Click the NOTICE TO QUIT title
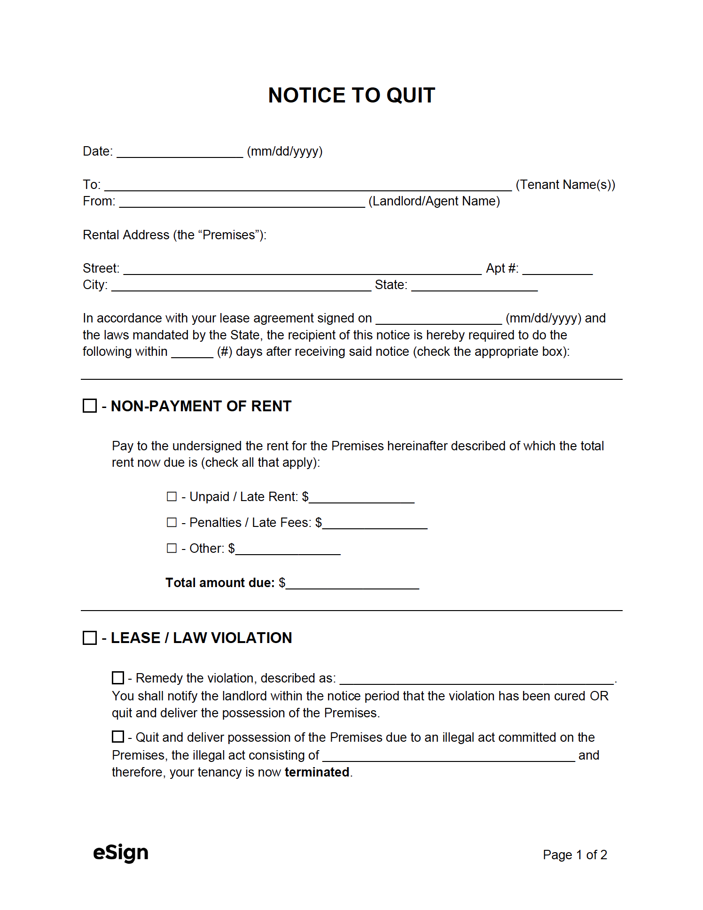point(351,95)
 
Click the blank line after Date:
point(180,152)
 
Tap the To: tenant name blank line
point(308,186)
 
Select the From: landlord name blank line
point(242,202)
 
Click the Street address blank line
point(302,269)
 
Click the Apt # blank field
point(557,269)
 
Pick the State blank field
point(474,286)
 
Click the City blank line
point(241,286)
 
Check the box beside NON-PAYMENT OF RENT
point(90,406)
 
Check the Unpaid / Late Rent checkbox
point(172,496)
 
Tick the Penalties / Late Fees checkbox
point(172,522)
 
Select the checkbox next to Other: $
point(172,548)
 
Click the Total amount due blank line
point(352,584)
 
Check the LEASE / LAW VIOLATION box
point(90,638)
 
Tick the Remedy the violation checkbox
point(118,678)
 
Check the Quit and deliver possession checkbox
point(118,737)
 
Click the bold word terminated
point(317,772)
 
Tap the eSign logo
point(121,853)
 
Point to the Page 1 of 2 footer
point(575,855)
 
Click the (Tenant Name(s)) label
point(565,185)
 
